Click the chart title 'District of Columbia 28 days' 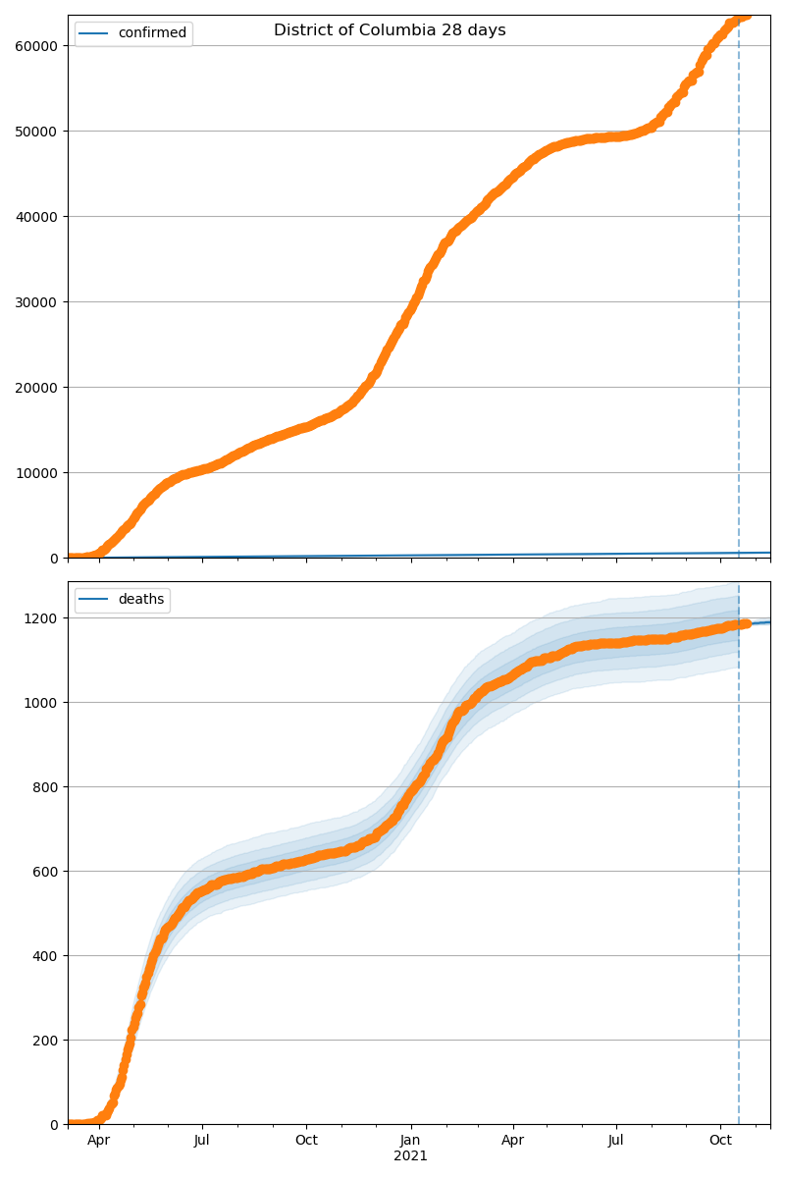390,30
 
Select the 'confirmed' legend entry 152,33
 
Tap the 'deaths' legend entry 141,600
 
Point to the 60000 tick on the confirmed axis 39,45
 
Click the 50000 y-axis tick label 39,131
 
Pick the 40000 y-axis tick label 39,216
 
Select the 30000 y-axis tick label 39,301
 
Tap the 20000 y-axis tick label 39,387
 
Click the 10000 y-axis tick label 39,472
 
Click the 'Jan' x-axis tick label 410,1141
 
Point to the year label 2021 410,1156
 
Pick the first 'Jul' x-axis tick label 202,1141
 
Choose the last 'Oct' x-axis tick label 721,1141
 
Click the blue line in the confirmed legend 95,33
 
